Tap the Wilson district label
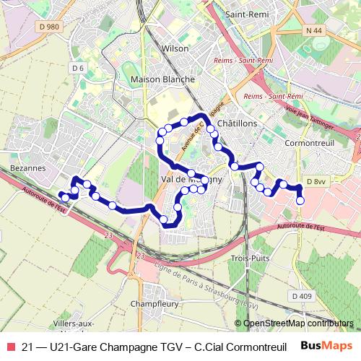coord(175,48)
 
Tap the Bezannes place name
coord(29,168)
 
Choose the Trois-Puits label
coord(250,258)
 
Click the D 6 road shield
coord(78,68)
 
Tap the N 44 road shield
coord(313,30)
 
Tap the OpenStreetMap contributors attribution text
coord(298,323)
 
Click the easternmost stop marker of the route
coord(300,201)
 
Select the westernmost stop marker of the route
coord(64,197)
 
